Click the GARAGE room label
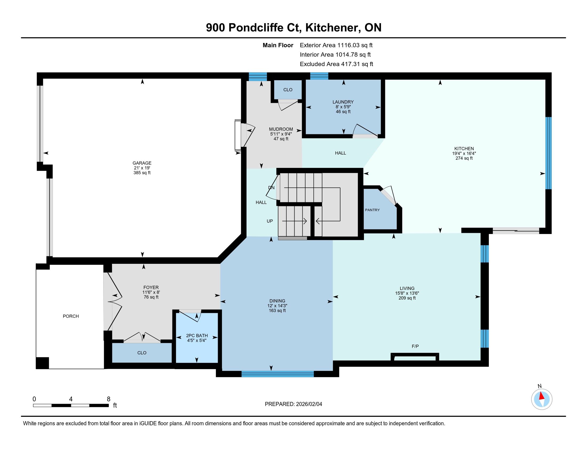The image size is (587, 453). point(142,163)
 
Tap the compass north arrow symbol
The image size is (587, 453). point(542,399)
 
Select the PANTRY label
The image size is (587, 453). point(372,210)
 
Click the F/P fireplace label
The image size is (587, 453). point(415,346)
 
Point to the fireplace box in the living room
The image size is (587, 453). point(415,357)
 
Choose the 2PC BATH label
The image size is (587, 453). point(197,335)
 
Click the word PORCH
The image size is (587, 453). point(71,316)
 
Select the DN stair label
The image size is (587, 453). point(271,188)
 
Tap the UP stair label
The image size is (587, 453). point(269,221)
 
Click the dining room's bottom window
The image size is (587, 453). point(278,374)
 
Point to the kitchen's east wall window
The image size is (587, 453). point(548,153)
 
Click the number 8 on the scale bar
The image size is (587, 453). point(109,399)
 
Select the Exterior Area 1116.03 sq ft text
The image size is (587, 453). point(336,45)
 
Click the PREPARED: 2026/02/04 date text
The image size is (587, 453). point(293,404)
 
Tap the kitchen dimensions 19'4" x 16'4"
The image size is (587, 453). point(464,153)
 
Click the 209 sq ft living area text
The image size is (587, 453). point(407,298)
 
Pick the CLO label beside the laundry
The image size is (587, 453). point(288,90)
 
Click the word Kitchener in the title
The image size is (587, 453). point(333,28)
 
